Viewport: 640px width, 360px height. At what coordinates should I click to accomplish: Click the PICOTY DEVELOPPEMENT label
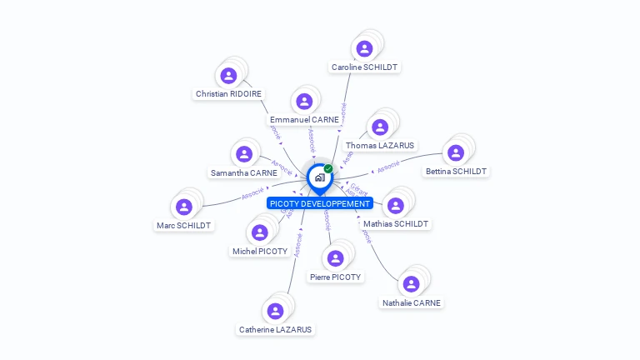(320, 203)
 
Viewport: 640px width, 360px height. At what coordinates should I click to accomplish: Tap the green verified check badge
(328, 168)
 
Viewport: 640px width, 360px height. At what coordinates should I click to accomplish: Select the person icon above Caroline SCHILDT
(364, 48)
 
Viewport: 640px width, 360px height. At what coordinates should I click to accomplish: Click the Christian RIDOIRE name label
(228, 94)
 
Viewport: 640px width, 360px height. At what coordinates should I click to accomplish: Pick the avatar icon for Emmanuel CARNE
(304, 102)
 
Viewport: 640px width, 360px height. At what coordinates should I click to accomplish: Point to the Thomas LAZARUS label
(380, 145)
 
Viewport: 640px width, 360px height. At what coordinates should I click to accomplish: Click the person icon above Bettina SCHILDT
(456, 153)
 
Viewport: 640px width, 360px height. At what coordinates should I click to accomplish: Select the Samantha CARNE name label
(244, 172)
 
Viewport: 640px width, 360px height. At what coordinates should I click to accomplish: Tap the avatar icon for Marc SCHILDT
(184, 207)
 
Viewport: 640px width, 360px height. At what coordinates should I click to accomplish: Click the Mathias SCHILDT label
(396, 223)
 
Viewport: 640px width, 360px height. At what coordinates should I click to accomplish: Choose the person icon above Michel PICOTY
(260, 232)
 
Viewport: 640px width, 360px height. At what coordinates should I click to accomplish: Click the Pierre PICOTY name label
(335, 277)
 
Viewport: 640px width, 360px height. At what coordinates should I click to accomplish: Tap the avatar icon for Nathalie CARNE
(411, 284)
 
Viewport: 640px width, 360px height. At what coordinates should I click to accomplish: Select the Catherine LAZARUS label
(275, 329)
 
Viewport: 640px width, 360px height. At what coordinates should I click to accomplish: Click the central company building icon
(319, 177)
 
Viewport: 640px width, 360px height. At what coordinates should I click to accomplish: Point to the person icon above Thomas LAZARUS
(380, 127)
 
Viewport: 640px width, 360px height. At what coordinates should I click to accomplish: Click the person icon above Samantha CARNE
(244, 154)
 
